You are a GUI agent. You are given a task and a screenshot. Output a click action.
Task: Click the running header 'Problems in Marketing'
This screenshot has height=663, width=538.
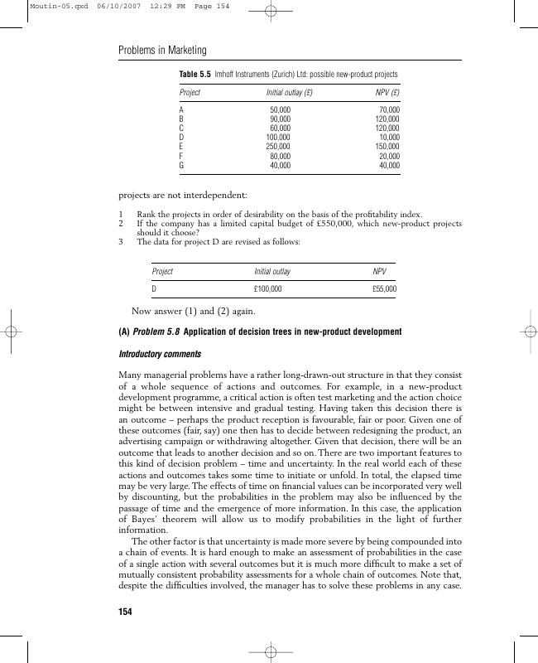pyautogui.click(x=163, y=51)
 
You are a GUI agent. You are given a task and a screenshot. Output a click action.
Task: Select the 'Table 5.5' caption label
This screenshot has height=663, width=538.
pyautogui.click(x=195, y=75)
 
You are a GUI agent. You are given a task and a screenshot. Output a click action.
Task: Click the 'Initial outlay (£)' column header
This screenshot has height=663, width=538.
pyautogui.click(x=289, y=92)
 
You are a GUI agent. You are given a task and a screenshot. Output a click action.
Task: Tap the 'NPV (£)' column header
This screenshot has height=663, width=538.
pyautogui.click(x=387, y=92)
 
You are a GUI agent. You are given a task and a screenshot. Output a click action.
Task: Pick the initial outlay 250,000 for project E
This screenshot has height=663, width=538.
pyautogui.click(x=278, y=147)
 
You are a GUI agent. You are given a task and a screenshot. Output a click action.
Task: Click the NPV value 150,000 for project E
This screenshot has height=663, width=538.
pyautogui.click(x=387, y=147)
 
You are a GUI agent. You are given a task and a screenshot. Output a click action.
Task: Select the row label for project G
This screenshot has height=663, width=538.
pyautogui.click(x=182, y=166)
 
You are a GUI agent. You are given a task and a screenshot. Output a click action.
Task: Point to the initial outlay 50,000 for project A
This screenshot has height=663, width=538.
pyautogui.click(x=281, y=109)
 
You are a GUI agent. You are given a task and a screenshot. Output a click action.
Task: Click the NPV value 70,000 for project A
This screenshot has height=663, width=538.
pyautogui.click(x=389, y=109)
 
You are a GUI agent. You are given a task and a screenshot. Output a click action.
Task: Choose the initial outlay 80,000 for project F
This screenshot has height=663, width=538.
pyautogui.click(x=281, y=156)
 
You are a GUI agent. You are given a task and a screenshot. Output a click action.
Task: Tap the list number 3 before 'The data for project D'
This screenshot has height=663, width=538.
pyautogui.click(x=121, y=242)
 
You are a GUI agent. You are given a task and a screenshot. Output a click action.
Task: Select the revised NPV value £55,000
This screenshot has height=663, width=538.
pyautogui.click(x=384, y=289)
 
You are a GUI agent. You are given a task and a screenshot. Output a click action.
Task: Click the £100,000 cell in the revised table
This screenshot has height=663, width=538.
pyautogui.click(x=267, y=289)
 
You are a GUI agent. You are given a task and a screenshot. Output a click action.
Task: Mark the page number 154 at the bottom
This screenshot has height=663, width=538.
pyautogui.click(x=126, y=612)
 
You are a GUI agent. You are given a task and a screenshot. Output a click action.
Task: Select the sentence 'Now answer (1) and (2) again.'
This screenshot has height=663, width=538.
pyautogui.click(x=194, y=312)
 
